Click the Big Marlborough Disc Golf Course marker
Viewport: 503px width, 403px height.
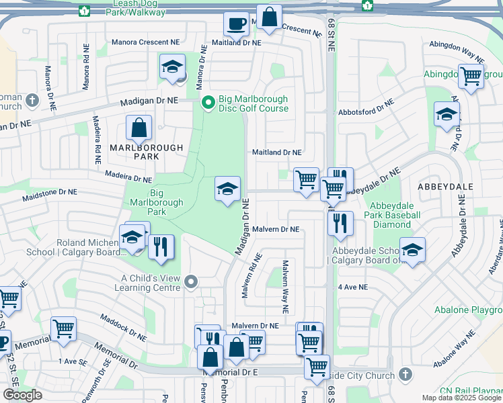208,103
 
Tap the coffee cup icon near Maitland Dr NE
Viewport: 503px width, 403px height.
236,24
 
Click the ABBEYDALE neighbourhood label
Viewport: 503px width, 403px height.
445,186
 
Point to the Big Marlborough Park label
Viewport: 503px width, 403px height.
157,202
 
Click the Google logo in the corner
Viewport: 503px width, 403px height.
22,395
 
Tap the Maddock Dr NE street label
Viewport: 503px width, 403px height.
123,326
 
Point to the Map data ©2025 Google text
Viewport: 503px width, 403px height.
461,398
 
